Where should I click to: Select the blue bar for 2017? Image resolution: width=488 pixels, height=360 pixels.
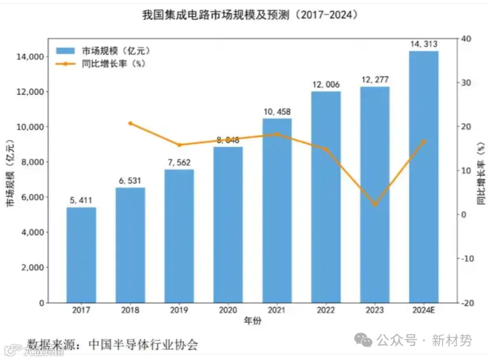point(81,255)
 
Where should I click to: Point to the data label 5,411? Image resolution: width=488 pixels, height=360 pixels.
point(81,200)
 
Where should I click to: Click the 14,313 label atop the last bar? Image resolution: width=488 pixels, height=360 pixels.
point(423,44)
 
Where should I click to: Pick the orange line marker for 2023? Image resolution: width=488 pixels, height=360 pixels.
point(375,204)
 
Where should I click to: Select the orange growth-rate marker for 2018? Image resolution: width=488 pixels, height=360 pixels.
point(130,124)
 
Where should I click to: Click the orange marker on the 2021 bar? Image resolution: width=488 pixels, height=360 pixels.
point(277,134)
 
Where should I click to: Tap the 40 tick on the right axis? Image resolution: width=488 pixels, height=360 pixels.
point(466,38)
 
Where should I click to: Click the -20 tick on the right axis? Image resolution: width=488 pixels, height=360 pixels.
point(468,303)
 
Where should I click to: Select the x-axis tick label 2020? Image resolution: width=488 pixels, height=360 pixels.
point(228,311)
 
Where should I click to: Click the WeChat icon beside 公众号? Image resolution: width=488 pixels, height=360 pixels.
point(363,340)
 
